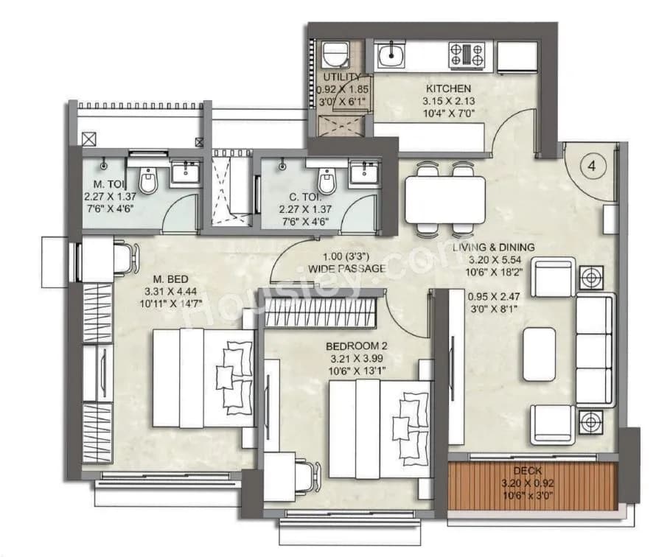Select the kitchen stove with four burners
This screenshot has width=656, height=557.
coord(467,55)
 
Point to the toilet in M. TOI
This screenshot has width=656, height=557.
coord(148,180)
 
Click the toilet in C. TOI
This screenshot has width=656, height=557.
coord(326,180)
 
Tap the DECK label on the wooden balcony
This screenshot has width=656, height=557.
coord(528,470)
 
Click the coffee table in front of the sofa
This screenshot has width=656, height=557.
coord(539,354)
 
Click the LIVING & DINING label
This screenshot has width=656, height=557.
coord(493,248)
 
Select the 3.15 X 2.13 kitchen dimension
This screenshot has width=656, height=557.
coord(448,102)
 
